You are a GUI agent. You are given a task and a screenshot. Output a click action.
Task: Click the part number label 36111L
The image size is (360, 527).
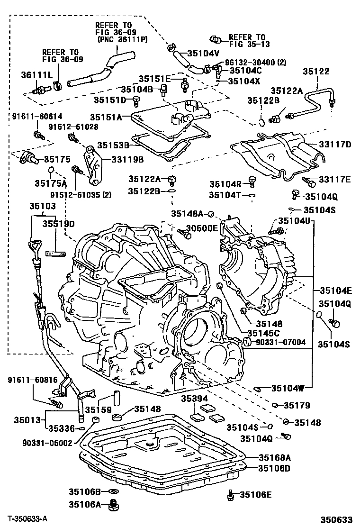point(34,74)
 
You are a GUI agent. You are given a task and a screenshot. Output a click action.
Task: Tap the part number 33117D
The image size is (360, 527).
point(334,145)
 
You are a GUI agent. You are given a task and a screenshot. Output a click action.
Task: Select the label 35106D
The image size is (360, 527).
point(274,469)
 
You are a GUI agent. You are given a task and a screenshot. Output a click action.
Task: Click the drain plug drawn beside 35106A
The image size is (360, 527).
point(113,505)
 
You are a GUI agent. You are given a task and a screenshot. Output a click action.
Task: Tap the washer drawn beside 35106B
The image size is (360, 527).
point(113,492)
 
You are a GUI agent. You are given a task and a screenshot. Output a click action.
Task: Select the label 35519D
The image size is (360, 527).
point(59,223)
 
